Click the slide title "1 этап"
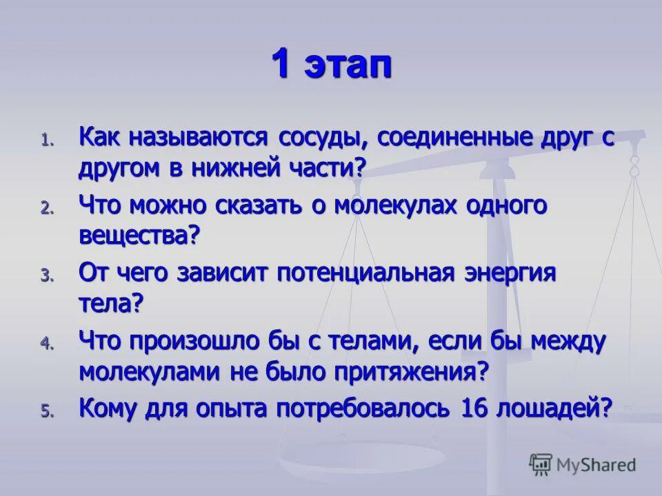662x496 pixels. (330, 67)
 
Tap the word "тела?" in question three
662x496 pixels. (110, 303)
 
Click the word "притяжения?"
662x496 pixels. (412, 371)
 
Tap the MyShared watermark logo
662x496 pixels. (583, 464)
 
